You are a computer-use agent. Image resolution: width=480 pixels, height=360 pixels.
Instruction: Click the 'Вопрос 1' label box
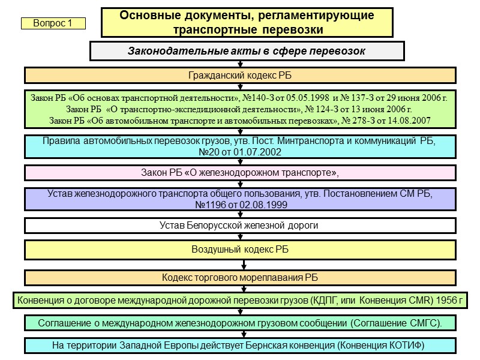tap(53, 23)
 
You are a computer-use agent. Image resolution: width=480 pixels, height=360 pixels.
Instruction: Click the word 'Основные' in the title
tap(145, 16)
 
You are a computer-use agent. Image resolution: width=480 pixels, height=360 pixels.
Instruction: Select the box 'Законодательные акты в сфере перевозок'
tap(247, 51)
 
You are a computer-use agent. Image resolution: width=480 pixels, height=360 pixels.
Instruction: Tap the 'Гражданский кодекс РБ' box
tap(240, 75)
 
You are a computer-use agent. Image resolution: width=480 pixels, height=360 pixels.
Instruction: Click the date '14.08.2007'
tap(407, 121)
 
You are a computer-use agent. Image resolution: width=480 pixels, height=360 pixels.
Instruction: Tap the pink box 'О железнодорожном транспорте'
tap(240, 173)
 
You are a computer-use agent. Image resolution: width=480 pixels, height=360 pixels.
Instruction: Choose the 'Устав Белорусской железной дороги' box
tap(240, 226)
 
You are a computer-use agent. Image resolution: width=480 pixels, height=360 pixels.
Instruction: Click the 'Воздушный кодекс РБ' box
tap(240, 250)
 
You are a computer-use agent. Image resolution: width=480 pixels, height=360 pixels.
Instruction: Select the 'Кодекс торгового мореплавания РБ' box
tap(240, 278)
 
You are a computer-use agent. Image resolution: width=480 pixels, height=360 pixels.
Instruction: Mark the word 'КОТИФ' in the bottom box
tap(406, 346)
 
